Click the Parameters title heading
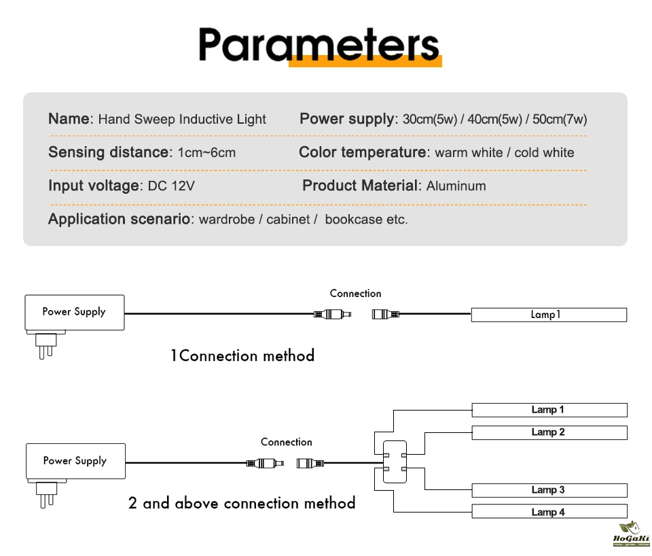[x=319, y=46]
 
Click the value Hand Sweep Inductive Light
[x=182, y=120]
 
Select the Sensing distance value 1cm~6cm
[x=206, y=152]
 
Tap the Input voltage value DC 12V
[x=171, y=186]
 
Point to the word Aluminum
[x=456, y=186]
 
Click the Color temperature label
[x=362, y=152]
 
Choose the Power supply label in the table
[x=346, y=119]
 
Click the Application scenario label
[x=120, y=219]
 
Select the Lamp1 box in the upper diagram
[x=549, y=315]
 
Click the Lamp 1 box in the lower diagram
[x=549, y=410]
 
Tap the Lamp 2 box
[x=549, y=432]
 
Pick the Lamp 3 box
[x=549, y=490]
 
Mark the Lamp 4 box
[x=549, y=512]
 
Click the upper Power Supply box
[x=74, y=312]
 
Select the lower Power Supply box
[x=75, y=461]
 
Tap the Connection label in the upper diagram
[x=355, y=294]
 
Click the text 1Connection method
[x=242, y=355]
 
